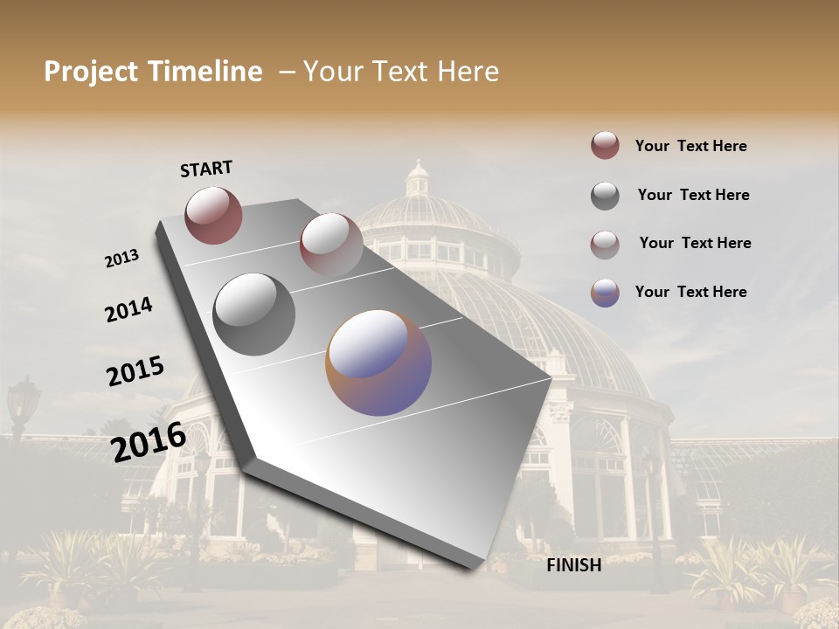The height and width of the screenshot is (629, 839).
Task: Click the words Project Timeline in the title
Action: [x=153, y=72]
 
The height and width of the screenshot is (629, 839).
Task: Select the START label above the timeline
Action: [x=206, y=169]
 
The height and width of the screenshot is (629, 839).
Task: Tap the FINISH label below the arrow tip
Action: [x=573, y=565]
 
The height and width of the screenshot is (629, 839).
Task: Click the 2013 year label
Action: [x=121, y=259]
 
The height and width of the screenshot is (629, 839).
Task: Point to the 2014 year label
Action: [x=128, y=310]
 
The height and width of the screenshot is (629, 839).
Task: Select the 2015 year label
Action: [x=135, y=371]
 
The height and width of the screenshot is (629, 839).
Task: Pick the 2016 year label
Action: [x=149, y=442]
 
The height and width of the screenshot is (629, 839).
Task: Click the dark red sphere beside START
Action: [x=213, y=215]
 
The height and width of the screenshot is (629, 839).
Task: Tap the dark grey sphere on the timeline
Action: [x=254, y=314]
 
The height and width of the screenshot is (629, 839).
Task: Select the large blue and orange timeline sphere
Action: [x=378, y=363]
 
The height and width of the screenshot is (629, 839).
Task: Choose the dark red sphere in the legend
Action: [x=605, y=146]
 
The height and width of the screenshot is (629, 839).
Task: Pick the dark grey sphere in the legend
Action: [x=605, y=196]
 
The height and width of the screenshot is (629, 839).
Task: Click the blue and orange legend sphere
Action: [x=605, y=293]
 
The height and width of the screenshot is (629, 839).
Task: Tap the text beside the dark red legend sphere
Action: [x=690, y=146]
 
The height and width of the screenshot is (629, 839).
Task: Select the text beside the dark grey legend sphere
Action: [x=693, y=195]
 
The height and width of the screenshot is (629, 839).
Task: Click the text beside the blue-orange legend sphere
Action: [x=690, y=292]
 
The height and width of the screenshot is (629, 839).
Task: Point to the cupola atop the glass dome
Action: [x=419, y=179]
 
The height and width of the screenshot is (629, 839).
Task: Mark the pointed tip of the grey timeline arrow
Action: [x=551, y=379]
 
